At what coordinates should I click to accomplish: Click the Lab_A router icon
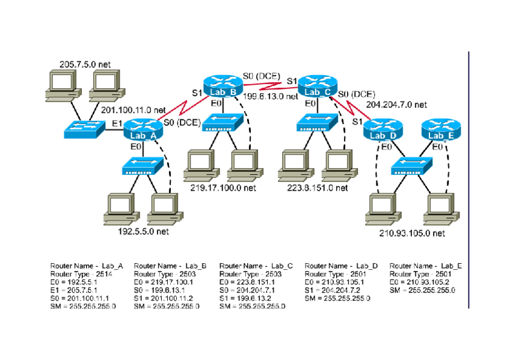143,129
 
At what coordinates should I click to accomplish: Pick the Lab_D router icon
382,129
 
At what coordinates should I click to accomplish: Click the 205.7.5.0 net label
85,64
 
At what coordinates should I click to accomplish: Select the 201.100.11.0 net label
133,110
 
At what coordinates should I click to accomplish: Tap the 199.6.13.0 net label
271,96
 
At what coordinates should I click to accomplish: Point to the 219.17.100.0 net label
223,188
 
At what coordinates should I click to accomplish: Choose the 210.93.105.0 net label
411,233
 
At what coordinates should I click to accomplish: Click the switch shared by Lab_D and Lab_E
411,166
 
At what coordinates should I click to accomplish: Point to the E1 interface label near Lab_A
117,124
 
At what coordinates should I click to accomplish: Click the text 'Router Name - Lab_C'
256,266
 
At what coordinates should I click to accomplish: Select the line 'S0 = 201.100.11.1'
79,299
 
